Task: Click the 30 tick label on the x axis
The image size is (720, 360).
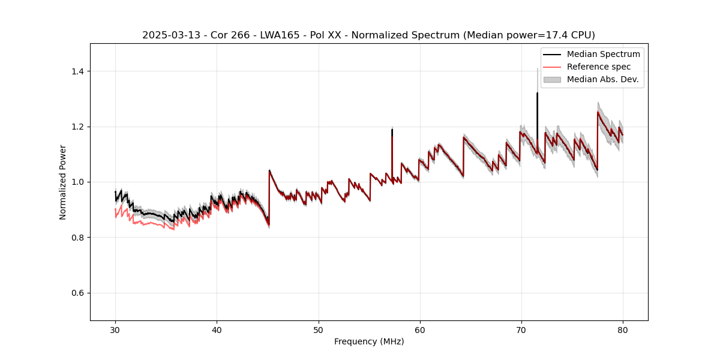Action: click(115, 329)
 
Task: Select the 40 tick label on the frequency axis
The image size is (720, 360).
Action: click(217, 329)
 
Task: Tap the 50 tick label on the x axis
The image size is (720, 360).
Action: click(318, 329)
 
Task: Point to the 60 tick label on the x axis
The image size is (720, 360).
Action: click(419, 329)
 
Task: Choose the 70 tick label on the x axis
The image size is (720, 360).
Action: click(521, 329)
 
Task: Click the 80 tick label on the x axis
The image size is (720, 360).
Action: click(622, 329)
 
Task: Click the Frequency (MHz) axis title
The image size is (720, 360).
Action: click(369, 341)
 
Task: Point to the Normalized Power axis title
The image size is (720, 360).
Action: click(63, 182)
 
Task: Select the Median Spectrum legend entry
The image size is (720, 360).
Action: click(603, 54)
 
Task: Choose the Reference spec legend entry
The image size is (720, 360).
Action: click(598, 67)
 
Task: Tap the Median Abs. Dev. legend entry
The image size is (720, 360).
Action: click(602, 79)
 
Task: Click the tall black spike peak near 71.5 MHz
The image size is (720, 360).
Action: click(537, 94)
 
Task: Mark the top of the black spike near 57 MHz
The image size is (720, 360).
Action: click(392, 130)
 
